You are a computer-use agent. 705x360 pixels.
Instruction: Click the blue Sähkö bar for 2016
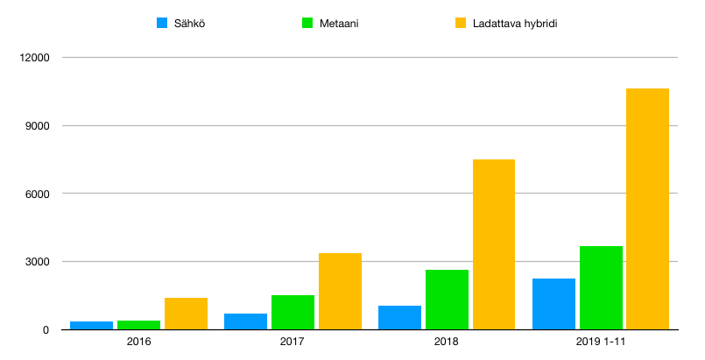[92, 325]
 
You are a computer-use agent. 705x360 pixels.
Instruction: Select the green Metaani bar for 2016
[139, 325]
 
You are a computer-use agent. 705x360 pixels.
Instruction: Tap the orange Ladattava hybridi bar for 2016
[187, 314]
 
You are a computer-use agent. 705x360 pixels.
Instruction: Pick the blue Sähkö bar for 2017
[246, 321]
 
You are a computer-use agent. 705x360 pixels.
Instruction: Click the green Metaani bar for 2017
[293, 313]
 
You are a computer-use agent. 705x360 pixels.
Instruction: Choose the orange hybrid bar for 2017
[341, 291]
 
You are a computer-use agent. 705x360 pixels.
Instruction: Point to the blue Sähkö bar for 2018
[399, 318]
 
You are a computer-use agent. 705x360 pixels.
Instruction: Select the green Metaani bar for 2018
[447, 300]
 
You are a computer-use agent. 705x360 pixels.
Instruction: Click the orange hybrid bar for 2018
[494, 244]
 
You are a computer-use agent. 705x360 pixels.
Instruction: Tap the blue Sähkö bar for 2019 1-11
[553, 304]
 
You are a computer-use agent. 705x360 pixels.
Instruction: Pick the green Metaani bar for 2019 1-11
[601, 288]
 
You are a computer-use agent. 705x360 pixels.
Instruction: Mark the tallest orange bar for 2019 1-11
[648, 209]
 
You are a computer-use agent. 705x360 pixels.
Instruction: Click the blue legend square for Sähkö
[162, 23]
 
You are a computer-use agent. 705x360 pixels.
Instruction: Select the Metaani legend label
[339, 24]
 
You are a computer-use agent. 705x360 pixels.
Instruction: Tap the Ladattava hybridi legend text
[515, 24]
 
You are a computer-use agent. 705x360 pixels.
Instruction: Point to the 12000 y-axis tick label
[35, 58]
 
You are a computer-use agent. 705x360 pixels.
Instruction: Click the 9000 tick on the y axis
[38, 126]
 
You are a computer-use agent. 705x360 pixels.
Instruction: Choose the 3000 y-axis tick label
[38, 262]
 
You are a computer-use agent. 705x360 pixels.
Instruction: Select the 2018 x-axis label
[447, 342]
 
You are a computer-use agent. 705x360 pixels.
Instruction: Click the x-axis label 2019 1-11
[601, 342]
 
